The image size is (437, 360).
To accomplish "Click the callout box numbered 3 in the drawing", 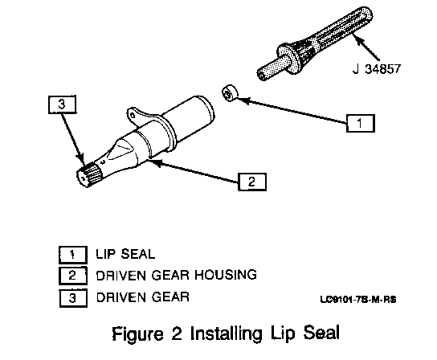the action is pyautogui.click(x=62, y=104).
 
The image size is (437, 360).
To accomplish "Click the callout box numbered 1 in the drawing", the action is pyautogui.click(x=361, y=123).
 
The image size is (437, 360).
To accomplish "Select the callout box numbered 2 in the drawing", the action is pyautogui.click(x=252, y=182).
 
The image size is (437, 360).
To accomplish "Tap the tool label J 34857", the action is pyautogui.click(x=377, y=69).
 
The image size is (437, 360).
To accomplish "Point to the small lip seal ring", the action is pyautogui.click(x=231, y=93).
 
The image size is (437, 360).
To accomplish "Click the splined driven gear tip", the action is pyautogui.click(x=87, y=175).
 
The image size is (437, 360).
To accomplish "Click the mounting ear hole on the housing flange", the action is pyautogui.click(x=133, y=116).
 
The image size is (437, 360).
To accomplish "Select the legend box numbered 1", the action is pyautogui.click(x=73, y=255).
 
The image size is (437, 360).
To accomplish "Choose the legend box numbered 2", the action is pyautogui.click(x=73, y=276).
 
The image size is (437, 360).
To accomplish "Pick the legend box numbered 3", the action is pyautogui.click(x=73, y=298).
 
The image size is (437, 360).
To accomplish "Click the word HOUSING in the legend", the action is pyautogui.click(x=226, y=275).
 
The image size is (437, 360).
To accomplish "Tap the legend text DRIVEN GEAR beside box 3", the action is pyautogui.click(x=143, y=297).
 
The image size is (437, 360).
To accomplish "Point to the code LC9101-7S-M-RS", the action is pyautogui.click(x=358, y=300).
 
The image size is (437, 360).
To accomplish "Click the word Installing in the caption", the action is pyautogui.click(x=226, y=333).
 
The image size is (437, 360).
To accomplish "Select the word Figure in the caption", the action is pyautogui.click(x=137, y=333).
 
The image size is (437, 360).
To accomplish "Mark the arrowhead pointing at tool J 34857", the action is pyautogui.click(x=356, y=38).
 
